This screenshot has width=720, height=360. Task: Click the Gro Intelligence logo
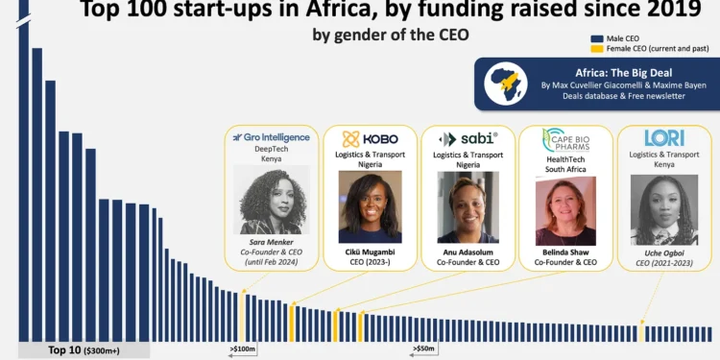pyautogui.click(x=272, y=137)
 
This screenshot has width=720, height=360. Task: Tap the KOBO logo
pyautogui.click(x=370, y=138)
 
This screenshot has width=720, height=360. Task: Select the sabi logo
pyautogui.click(x=468, y=138)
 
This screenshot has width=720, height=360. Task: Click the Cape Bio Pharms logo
pyautogui.click(x=564, y=141)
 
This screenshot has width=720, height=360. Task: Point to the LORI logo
pyautogui.click(x=663, y=138)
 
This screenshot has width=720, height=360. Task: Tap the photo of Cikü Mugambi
pyautogui.click(x=370, y=206)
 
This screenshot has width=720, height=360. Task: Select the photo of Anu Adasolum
pyautogui.click(x=468, y=206)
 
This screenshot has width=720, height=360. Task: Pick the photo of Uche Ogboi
pyautogui.click(x=663, y=209)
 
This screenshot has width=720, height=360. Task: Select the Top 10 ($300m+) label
pyautogui.click(x=84, y=350)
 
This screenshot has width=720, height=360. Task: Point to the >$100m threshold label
pyautogui.click(x=242, y=348)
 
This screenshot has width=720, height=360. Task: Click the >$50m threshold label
pyautogui.click(x=423, y=348)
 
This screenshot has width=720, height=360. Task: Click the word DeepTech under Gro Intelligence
pyautogui.click(x=272, y=150)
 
